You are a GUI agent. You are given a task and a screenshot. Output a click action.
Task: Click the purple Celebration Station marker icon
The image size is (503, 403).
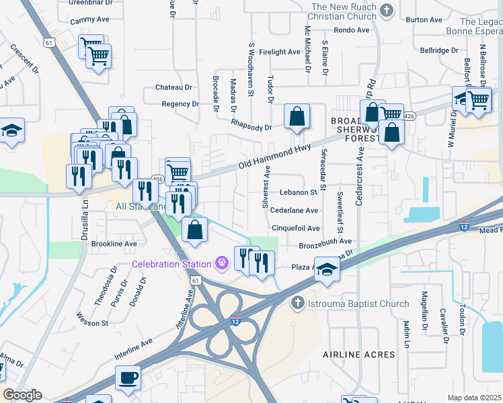pyautogui.click(x=222, y=263)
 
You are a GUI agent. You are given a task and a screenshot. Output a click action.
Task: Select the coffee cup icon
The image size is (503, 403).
pyautogui.click(x=128, y=377)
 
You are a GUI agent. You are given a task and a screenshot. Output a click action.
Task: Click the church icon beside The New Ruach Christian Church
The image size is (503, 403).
pyautogui.click(x=386, y=10)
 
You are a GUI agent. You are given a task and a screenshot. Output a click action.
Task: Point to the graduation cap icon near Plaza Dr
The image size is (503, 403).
pyautogui.click(x=327, y=269)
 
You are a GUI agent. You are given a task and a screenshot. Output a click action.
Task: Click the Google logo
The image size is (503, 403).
pyautogui.click(x=22, y=395)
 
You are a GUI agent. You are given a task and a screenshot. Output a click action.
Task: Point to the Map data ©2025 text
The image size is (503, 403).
pyautogui.click(x=473, y=398)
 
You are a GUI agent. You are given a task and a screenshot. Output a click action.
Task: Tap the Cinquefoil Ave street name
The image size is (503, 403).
pyautogui.click(x=295, y=228)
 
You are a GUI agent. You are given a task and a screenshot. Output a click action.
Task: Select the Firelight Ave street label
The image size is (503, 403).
pyautogui.click(x=279, y=52)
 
